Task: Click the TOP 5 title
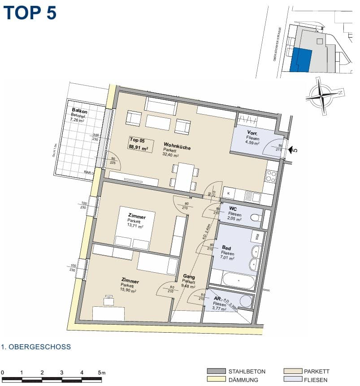[30, 13]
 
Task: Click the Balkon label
[79, 111]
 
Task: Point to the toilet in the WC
[255, 218]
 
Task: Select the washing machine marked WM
[257, 236]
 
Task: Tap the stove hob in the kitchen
[271, 176]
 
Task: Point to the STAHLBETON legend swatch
[216, 371]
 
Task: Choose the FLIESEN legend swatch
[293, 380]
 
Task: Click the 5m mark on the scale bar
[101, 372]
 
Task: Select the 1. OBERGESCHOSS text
[36, 347]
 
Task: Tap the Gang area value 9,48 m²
[188, 286]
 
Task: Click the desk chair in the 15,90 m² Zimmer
[108, 300]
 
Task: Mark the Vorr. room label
[252, 133]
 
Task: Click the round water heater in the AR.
[246, 300]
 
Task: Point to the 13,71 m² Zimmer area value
[135, 227]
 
